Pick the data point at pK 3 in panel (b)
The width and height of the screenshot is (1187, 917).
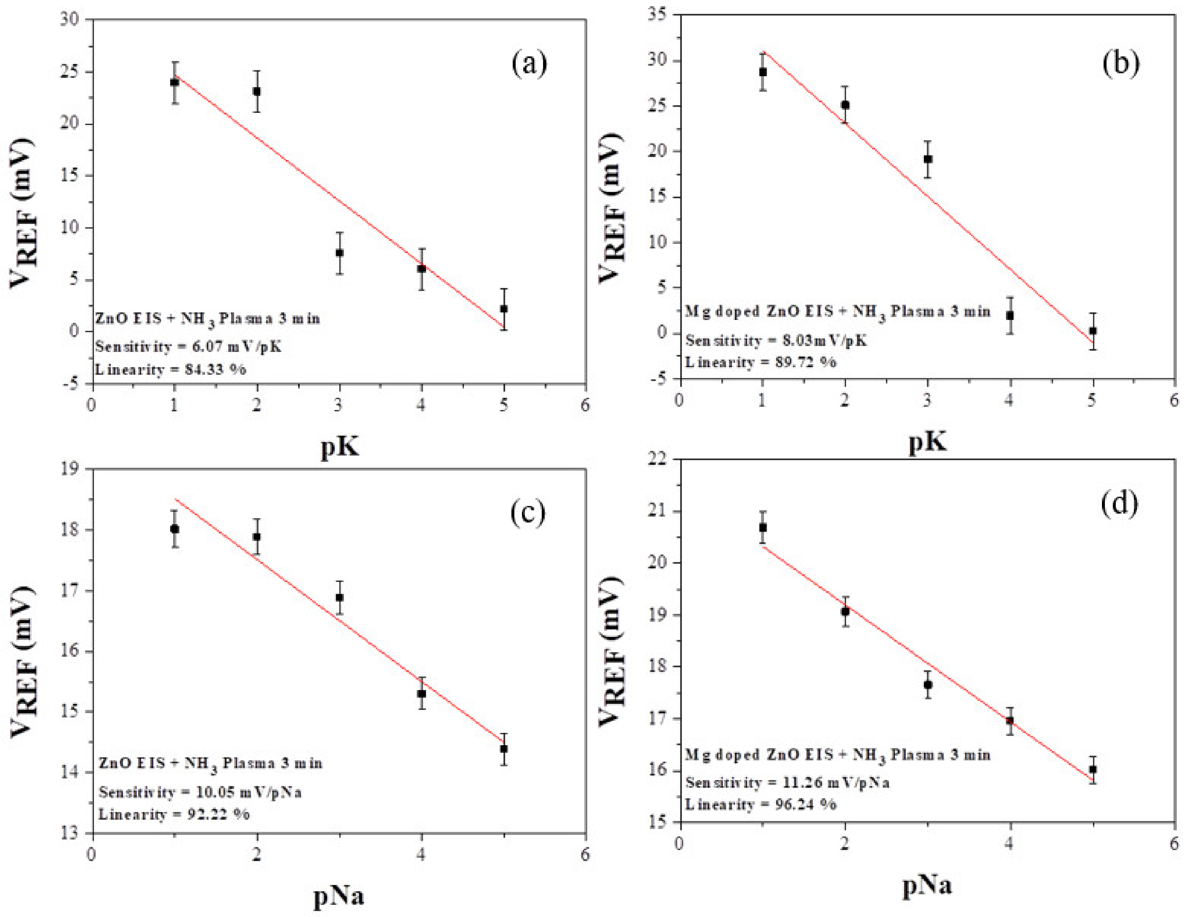pyautogui.click(x=928, y=159)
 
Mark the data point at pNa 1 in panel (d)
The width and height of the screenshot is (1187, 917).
pyautogui.click(x=763, y=527)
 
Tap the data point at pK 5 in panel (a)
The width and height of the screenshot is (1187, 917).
pyautogui.click(x=504, y=309)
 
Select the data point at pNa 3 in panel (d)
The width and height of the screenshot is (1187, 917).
pyautogui.click(x=928, y=684)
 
